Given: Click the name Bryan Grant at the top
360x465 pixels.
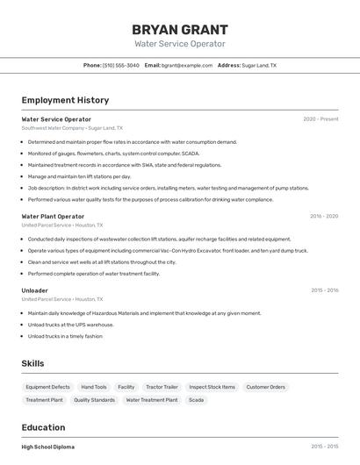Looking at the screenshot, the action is (x=179, y=29).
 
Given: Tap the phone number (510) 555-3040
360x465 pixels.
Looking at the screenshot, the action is (x=120, y=65).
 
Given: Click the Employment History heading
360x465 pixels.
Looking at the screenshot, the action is (x=65, y=100).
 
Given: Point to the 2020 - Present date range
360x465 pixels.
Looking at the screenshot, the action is (x=320, y=119).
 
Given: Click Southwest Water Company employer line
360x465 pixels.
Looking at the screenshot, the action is (x=72, y=128).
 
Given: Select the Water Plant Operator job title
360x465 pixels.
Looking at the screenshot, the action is (x=53, y=216).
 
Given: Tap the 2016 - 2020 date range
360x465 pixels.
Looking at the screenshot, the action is (x=323, y=216).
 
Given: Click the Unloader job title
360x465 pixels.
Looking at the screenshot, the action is (x=35, y=290).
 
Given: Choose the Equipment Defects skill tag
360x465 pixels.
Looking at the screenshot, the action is (x=47, y=387).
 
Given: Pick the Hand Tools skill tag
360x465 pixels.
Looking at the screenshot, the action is (x=94, y=387).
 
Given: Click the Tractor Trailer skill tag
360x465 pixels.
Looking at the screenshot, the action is (x=162, y=387).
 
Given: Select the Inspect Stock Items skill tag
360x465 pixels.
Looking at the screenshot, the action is (x=212, y=387).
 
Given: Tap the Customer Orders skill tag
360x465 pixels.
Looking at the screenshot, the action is (x=265, y=387).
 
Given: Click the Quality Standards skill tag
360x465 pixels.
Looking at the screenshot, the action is (x=94, y=400).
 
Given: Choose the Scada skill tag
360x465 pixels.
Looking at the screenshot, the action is (x=196, y=400).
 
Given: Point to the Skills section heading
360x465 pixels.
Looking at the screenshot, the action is (x=33, y=363).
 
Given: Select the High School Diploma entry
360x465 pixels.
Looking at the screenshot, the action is (x=47, y=447).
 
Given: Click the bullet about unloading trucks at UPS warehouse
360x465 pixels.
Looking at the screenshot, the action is (x=70, y=325).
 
